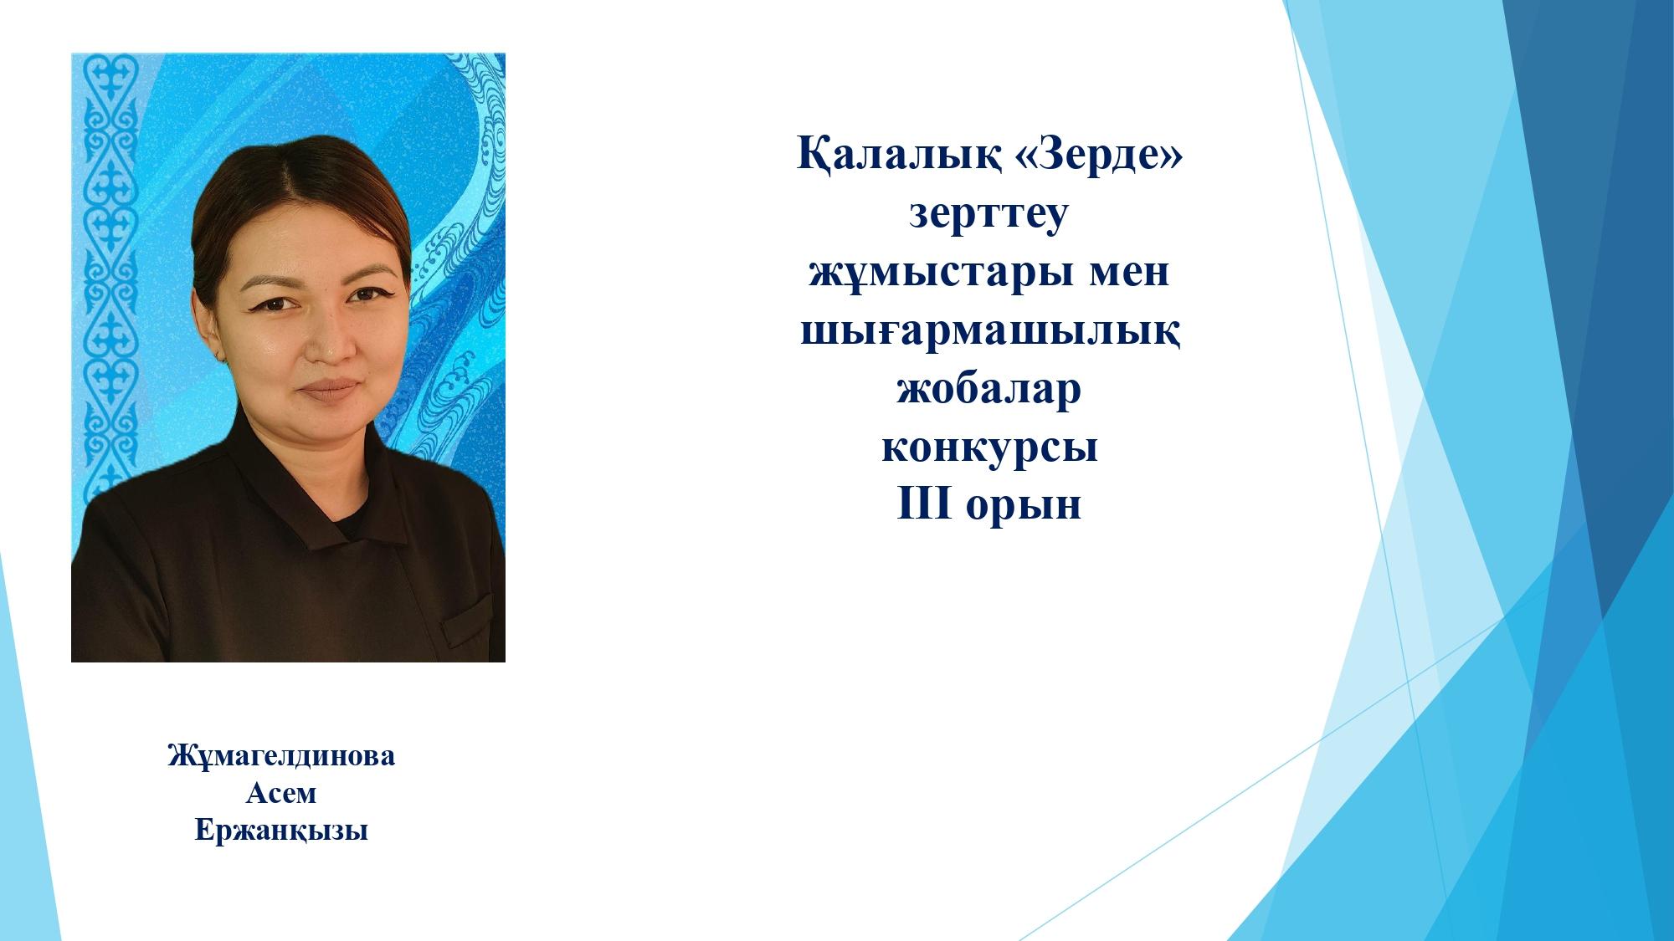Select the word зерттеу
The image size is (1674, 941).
(989, 216)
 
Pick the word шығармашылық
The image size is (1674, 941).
(990, 333)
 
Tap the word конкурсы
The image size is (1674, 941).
(989, 448)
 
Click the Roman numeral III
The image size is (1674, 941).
(924, 504)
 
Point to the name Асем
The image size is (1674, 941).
(281, 793)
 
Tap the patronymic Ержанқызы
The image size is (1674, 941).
(281, 831)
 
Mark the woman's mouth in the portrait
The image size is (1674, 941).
(332, 391)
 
